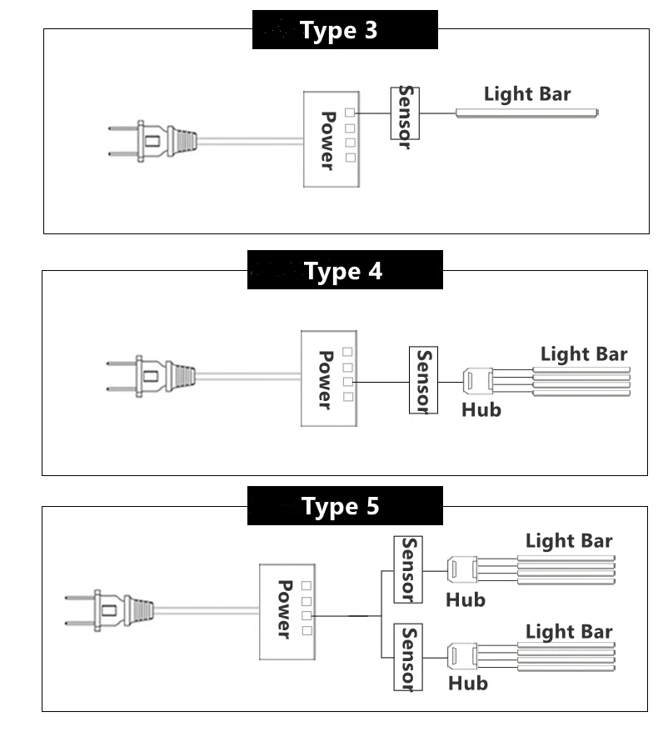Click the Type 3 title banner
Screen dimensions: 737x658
(345, 30)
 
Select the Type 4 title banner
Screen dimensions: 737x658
(345, 271)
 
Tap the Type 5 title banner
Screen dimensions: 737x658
(345, 506)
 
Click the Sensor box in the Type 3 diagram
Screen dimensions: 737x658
(405, 113)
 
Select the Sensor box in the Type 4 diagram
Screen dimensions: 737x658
(423, 380)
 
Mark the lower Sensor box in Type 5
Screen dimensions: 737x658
(408, 658)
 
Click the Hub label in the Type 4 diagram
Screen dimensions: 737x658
(481, 409)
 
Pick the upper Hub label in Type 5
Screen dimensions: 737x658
(466, 599)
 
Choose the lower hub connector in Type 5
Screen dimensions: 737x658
(463, 657)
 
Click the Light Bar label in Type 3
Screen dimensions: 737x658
(527, 93)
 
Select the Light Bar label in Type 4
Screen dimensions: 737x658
(584, 354)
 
